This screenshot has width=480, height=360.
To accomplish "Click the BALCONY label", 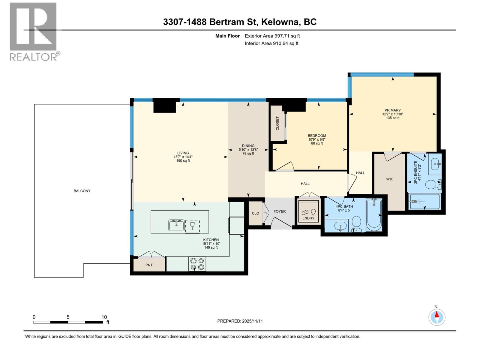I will (x=82, y=191).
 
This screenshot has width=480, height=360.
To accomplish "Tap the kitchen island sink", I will (x=176, y=225).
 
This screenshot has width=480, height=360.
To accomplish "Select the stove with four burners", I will (x=197, y=264).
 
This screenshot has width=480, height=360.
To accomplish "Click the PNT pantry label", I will (x=149, y=265).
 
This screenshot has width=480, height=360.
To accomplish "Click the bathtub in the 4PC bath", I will (x=374, y=216).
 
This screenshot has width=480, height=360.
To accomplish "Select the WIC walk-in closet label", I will (x=390, y=179).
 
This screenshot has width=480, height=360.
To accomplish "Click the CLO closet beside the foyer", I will (x=255, y=213).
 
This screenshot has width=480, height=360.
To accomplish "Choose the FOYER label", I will (x=280, y=211).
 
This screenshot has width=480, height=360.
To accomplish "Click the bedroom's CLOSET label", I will (x=277, y=123).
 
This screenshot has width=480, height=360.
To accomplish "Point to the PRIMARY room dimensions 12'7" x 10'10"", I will (x=392, y=114).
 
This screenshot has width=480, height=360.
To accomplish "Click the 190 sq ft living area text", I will (x=183, y=161).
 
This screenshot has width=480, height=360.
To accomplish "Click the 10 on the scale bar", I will (x=104, y=317).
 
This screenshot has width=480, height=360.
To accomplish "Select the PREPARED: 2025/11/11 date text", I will (x=240, y=321).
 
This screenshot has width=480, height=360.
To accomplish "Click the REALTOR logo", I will (x=34, y=31).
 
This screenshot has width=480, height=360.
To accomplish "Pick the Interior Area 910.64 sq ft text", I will (x=271, y=43).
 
